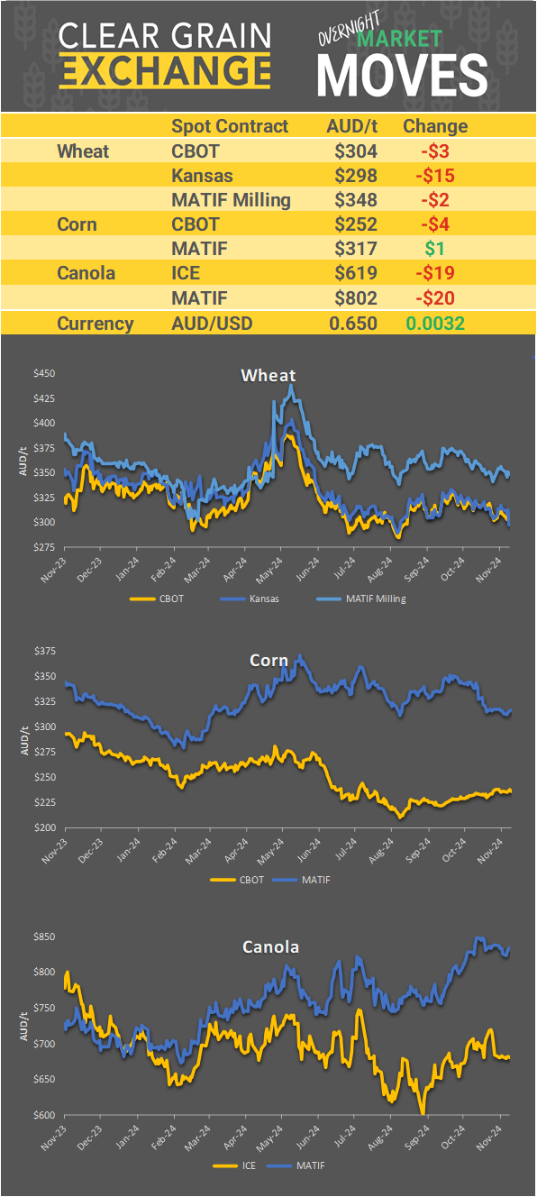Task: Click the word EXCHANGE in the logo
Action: (x=165, y=70)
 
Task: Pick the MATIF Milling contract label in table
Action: (x=231, y=199)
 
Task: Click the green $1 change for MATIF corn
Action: (x=435, y=248)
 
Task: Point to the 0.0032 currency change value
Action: (x=435, y=324)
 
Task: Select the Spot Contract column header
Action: (x=230, y=126)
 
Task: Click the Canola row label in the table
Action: (x=86, y=272)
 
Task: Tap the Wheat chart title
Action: (x=268, y=375)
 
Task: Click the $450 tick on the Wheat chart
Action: (x=44, y=373)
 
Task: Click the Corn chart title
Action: (x=268, y=661)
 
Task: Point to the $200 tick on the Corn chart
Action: (x=44, y=827)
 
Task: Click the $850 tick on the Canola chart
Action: (x=44, y=937)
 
